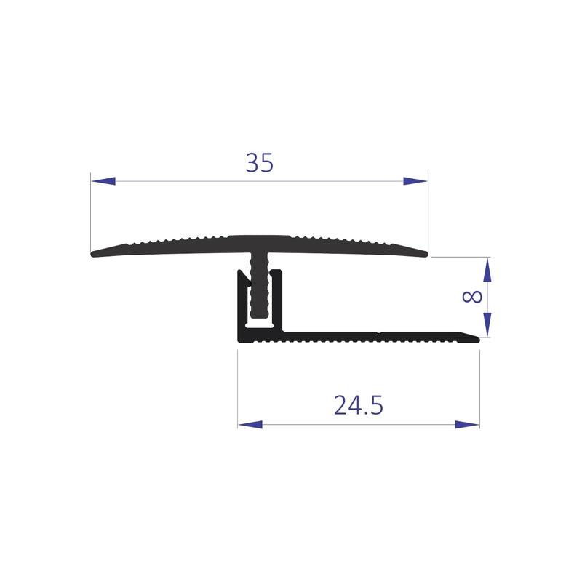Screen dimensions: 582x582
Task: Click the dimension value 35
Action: pos(260,162)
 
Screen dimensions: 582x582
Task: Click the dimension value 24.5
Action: pos(359,405)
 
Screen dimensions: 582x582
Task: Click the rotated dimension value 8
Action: pos(472,297)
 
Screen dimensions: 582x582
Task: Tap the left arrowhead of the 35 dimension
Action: pos(103,181)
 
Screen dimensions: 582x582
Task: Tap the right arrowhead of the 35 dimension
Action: pos(415,181)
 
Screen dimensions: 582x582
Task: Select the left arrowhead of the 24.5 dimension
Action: pos(250,425)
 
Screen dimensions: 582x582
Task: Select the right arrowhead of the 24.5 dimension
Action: pos(467,425)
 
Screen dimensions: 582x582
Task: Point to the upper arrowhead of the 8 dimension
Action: pos(487,269)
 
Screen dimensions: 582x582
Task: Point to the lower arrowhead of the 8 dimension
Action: pos(487,324)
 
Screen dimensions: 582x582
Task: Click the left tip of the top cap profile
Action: pos(92,254)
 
